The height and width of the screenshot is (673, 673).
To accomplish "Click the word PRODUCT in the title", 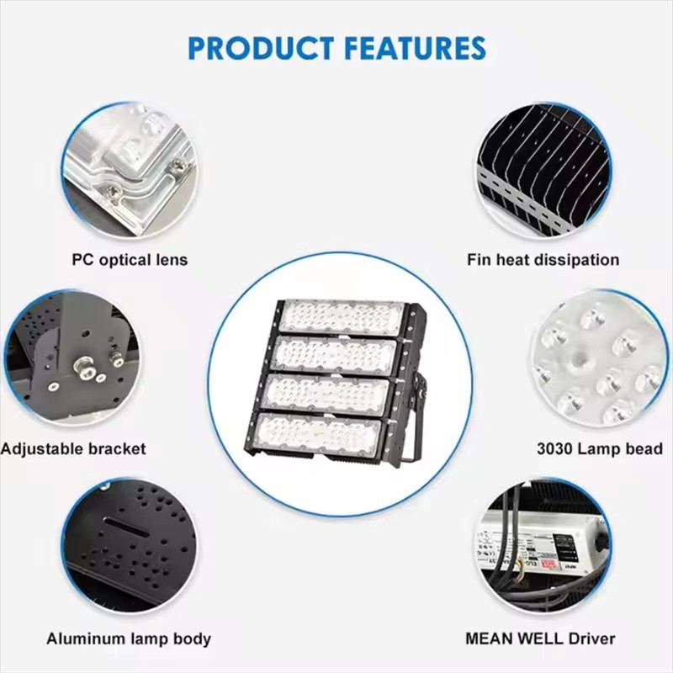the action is point(261,48).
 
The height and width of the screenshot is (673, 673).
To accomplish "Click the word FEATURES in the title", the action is point(416,48).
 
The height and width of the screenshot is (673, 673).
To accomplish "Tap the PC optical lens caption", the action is point(130,260).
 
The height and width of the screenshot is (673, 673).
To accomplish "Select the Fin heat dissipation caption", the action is point(543,260).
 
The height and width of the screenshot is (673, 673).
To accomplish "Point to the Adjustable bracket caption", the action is point(73,449).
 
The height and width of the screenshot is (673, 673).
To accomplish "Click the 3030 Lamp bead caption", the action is point(600,449).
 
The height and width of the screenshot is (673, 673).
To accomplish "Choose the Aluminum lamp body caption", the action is point(129,639).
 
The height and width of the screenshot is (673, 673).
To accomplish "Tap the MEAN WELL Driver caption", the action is point(540,639).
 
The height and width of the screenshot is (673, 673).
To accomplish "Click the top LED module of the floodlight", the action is point(342,317).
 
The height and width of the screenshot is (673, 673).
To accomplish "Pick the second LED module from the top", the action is point(335,354).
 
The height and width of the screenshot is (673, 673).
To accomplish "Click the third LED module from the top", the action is point(327,393).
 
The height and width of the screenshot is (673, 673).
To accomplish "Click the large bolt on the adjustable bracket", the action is point(83,366).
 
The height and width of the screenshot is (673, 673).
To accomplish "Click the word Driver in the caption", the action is point(591,639).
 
